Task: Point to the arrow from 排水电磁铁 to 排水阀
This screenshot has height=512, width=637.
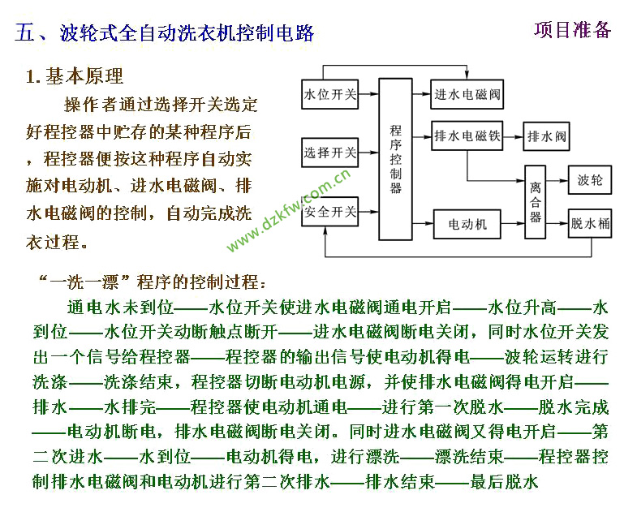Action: tap(514, 136)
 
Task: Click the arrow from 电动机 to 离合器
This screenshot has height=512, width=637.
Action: tap(513, 223)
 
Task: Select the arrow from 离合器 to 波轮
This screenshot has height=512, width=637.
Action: tap(557, 180)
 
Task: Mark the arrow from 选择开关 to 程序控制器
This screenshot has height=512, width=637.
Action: tap(368, 153)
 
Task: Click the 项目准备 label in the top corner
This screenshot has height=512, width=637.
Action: tap(572, 30)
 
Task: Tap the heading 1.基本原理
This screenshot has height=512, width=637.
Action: tap(75, 76)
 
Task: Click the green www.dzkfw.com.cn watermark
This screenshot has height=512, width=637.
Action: tap(288, 210)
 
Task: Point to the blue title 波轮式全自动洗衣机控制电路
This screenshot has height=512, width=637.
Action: tap(187, 33)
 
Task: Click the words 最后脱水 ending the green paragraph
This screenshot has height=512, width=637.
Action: tap(504, 482)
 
